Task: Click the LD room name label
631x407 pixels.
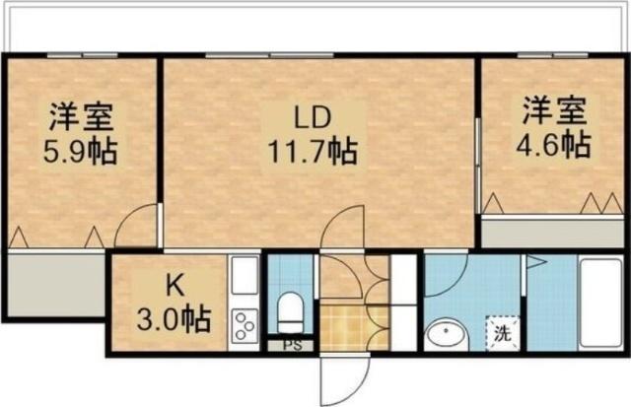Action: point(310,118)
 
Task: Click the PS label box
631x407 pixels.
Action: point(291,346)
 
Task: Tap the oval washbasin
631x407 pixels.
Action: point(444,336)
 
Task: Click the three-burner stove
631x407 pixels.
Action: point(245,324)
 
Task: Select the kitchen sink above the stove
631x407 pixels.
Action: point(244,281)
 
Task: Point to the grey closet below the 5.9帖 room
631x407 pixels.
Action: point(53,285)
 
